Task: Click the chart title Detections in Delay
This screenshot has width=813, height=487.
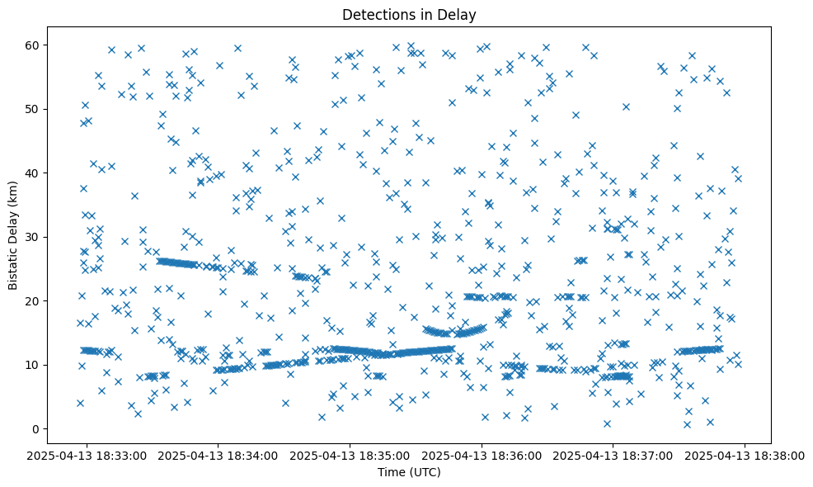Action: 409,14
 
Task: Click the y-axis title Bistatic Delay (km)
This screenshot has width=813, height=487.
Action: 14,236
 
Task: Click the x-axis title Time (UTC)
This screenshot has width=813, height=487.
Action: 409,472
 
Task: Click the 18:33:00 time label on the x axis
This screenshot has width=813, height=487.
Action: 87,455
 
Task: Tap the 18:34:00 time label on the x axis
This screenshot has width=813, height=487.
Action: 219,455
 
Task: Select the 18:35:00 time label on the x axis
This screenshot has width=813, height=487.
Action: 350,455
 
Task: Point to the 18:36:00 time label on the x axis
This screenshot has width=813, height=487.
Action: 482,455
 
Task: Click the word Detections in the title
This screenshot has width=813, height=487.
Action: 376,14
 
